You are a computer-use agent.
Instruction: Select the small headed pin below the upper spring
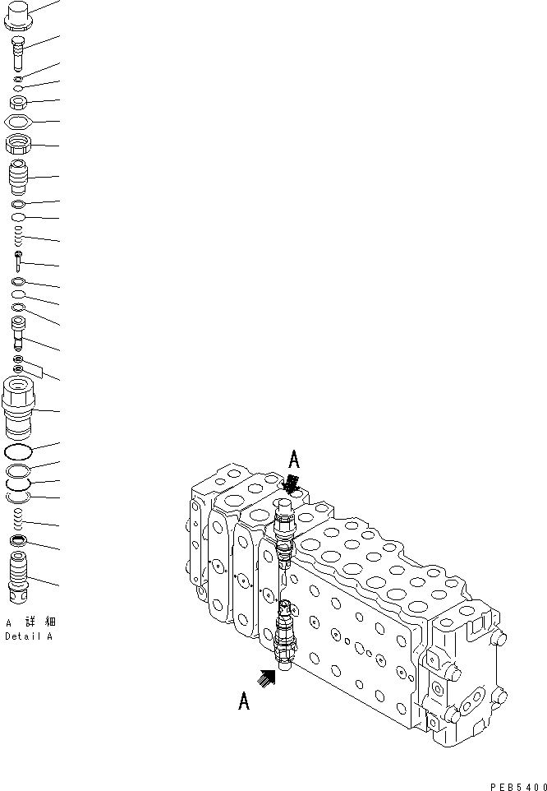coord(19,262)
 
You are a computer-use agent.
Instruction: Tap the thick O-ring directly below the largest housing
coord(19,452)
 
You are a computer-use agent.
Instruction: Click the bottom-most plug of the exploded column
coord(20,576)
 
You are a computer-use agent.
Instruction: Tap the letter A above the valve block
coord(293,459)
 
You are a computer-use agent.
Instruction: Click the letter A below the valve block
coord(244,701)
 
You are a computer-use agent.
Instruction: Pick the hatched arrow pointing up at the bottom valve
coord(266,677)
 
